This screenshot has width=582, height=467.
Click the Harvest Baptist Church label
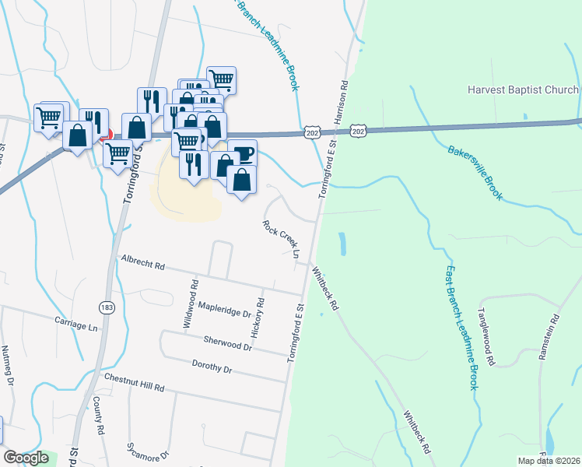523,90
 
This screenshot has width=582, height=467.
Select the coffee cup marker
244,152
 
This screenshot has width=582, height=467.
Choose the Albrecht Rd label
142,264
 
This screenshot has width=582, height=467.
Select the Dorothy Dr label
212,366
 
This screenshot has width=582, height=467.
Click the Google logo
26,458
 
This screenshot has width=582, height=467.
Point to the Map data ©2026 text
549,461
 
